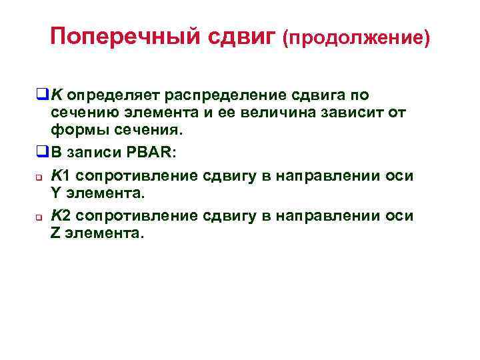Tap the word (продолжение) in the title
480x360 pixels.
356,38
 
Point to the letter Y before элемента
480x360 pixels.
55,193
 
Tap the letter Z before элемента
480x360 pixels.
55,233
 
